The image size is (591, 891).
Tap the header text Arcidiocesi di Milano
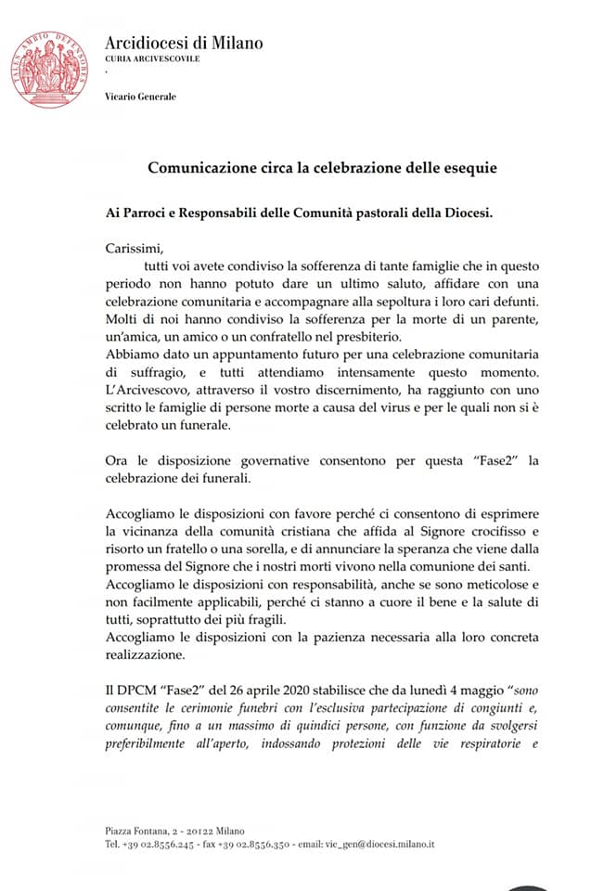pyautogui.click(x=184, y=43)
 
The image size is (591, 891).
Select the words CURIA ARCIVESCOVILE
pyautogui.click(x=152, y=58)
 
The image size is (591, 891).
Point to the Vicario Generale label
pyautogui.click(x=140, y=97)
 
